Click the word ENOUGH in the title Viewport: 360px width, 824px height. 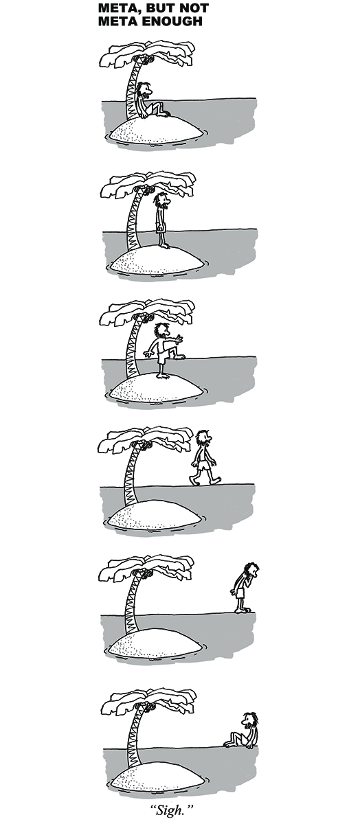[x=172, y=21]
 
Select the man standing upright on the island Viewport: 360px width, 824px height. [x=162, y=220]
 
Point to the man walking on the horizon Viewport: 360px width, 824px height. [x=204, y=458]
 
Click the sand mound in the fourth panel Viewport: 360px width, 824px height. [x=155, y=515]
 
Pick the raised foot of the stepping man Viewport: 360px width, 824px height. [x=179, y=357]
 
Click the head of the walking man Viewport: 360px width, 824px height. [x=203, y=438]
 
